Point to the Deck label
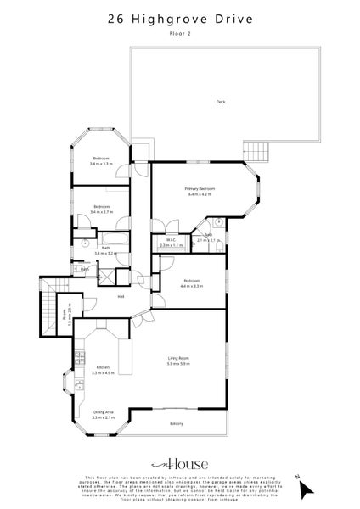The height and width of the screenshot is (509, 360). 221,102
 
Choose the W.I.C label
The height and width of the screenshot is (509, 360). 171,240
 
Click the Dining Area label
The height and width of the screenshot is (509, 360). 102,412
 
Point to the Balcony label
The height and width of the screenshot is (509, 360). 176,423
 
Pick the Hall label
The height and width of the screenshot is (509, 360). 121,296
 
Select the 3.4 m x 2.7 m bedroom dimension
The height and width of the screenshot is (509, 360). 101,212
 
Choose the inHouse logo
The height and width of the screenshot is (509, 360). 180,464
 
